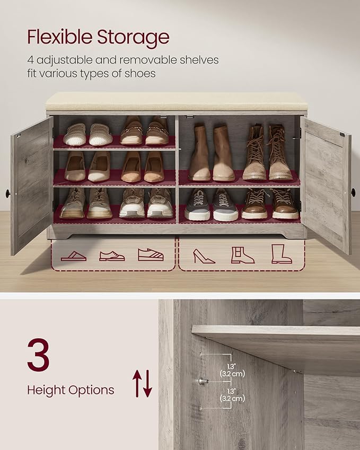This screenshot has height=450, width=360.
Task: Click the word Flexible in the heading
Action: (59, 37)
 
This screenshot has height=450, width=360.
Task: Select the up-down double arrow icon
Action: (142, 383)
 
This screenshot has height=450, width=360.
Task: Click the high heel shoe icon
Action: (204, 255)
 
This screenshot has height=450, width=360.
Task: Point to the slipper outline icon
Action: (73, 256)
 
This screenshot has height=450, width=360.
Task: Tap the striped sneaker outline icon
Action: (151, 254)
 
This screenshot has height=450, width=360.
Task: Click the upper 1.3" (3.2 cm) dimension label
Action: (232, 369)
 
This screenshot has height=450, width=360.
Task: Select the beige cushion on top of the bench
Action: (176, 102)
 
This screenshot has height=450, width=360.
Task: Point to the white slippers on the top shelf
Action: (88, 135)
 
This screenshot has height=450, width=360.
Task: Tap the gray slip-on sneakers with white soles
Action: (211, 205)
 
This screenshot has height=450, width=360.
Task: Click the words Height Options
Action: (71, 391)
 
